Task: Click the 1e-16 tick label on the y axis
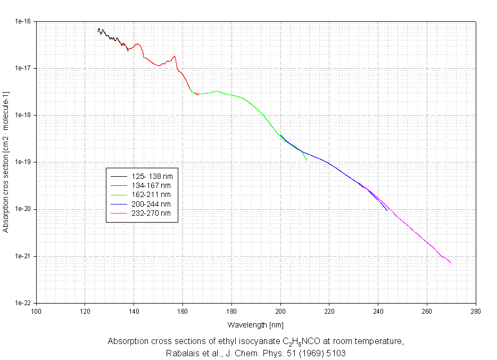point(23,22)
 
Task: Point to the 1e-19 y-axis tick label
point(23,162)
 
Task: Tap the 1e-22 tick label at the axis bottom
point(23,303)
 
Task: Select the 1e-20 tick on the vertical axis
point(23,209)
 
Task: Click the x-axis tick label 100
point(36,312)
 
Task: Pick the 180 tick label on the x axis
point(231,312)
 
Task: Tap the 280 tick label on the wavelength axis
point(476,312)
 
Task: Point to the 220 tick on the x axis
point(329,312)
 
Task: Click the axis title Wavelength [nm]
point(255,324)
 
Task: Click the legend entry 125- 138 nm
point(152,176)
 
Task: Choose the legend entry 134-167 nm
point(151,185)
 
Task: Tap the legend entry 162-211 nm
point(151,195)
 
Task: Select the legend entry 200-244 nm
point(151,204)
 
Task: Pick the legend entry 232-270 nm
point(151,214)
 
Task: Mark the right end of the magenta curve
point(451,263)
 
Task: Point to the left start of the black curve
point(98,31)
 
